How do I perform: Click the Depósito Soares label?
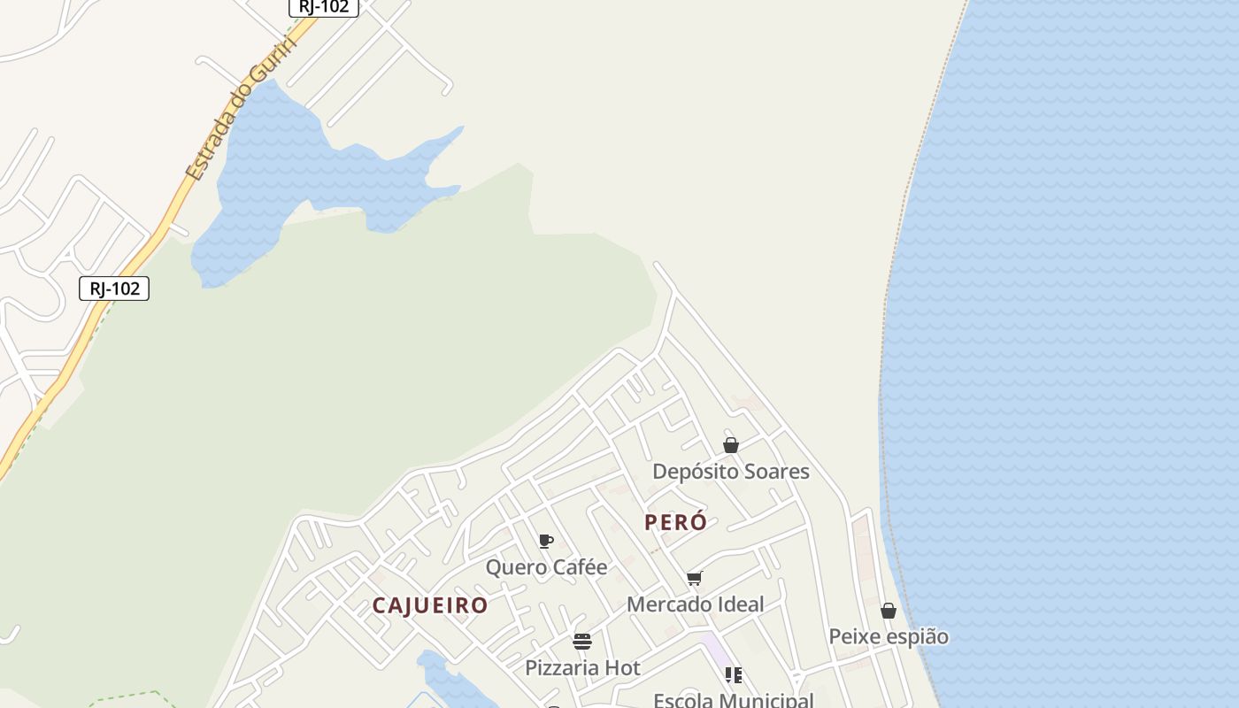(x=730, y=472)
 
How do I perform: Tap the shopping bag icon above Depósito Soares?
(x=731, y=445)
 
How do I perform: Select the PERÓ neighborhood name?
(x=675, y=522)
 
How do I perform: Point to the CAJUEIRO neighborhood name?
(x=429, y=605)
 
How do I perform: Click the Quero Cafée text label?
(x=546, y=567)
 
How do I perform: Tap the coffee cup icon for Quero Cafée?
(x=546, y=541)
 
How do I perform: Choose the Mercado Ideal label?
(x=695, y=604)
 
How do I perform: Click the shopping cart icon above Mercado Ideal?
(x=695, y=579)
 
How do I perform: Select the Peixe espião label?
(x=888, y=636)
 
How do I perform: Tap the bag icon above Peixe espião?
(x=889, y=611)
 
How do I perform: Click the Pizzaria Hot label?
(x=582, y=667)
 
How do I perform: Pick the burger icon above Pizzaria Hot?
(x=582, y=642)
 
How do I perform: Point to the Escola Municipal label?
(x=733, y=699)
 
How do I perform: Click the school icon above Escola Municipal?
(x=734, y=675)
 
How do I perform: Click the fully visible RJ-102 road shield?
(x=114, y=289)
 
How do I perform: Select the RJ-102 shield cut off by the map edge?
(x=324, y=7)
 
